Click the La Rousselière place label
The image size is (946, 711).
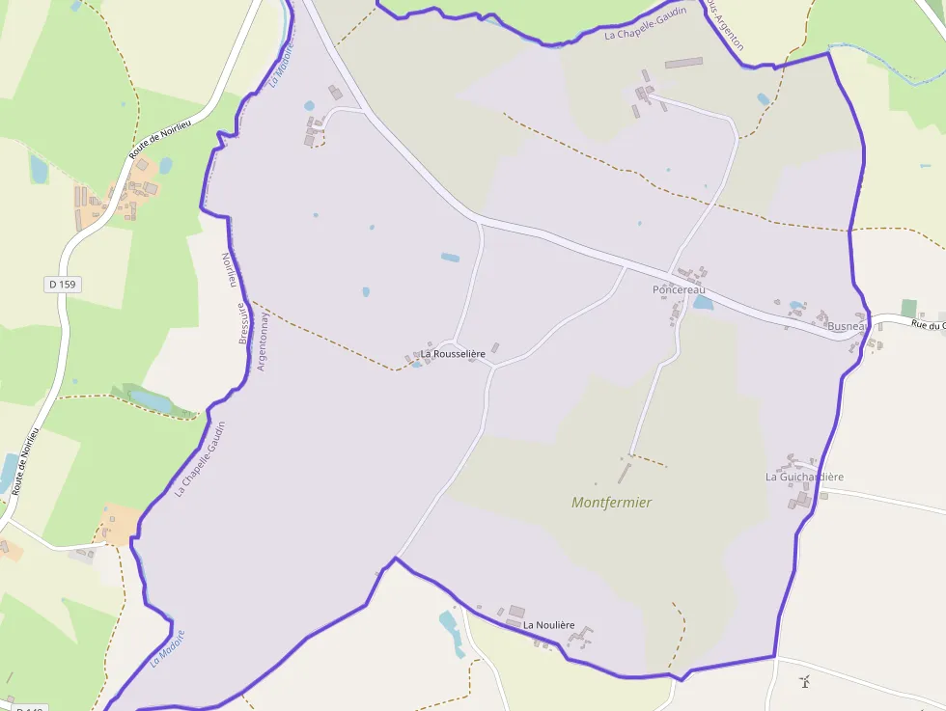coord(452,354)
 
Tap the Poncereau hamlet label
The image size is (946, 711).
coord(679,289)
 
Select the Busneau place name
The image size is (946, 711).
coord(849,327)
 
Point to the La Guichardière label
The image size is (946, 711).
coord(804,477)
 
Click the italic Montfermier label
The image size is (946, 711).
coord(611,503)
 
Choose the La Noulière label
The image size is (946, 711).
coord(548,625)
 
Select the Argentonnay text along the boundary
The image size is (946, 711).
coord(261,342)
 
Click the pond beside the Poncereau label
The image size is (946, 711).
coord(703,303)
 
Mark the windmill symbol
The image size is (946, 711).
coord(805,683)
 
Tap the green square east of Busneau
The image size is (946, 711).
coord(908,308)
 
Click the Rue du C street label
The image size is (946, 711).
coord(927,324)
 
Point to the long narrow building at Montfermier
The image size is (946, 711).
coord(624,474)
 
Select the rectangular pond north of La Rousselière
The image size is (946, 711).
coord(451,258)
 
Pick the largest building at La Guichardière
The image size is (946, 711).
coord(803,499)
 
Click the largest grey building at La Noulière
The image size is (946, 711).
coord(516,612)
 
